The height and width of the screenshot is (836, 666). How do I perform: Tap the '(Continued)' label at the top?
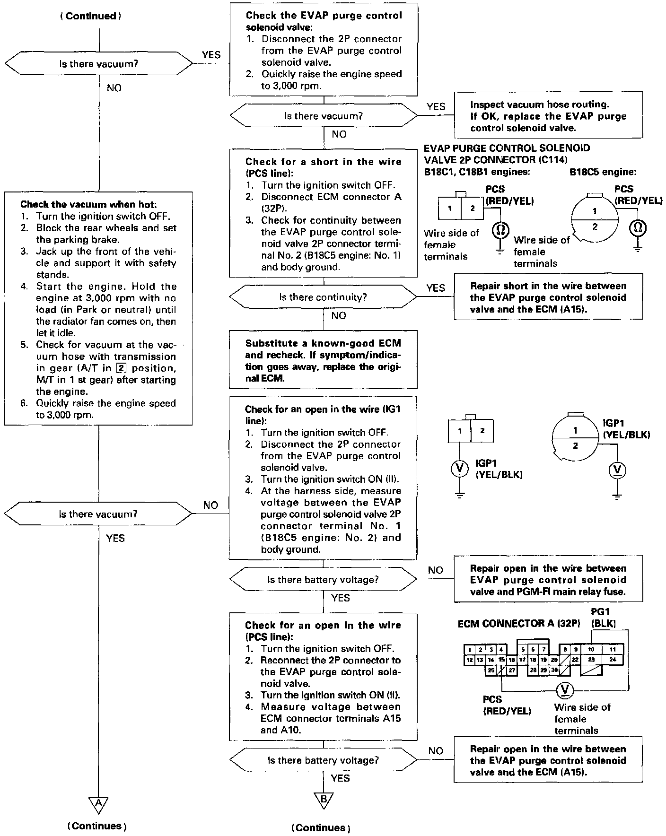(x=90, y=16)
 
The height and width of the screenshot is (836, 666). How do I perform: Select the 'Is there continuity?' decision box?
(x=323, y=297)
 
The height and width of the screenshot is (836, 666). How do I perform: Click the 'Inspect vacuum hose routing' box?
(x=548, y=116)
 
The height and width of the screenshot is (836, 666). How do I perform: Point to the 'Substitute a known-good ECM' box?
(x=323, y=361)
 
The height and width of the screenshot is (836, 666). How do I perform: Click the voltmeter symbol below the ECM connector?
(x=564, y=689)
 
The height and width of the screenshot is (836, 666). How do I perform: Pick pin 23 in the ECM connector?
(x=591, y=659)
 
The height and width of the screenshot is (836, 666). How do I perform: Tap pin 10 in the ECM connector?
(x=591, y=649)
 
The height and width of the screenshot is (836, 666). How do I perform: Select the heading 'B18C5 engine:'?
(x=603, y=172)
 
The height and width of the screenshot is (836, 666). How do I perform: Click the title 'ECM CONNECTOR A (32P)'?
(x=518, y=624)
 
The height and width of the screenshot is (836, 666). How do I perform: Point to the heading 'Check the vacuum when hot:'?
(x=88, y=205)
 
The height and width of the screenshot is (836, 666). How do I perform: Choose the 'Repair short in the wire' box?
(x=548, y=298)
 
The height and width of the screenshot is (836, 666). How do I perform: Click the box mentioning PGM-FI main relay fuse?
(x=548, y=580)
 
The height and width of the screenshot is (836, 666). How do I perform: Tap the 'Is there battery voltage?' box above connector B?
(x=323, y=760)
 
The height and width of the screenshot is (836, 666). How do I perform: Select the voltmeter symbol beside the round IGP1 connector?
(x=617, y=470)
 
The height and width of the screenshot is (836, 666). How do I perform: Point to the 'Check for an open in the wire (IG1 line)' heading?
(x=323, y=415)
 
